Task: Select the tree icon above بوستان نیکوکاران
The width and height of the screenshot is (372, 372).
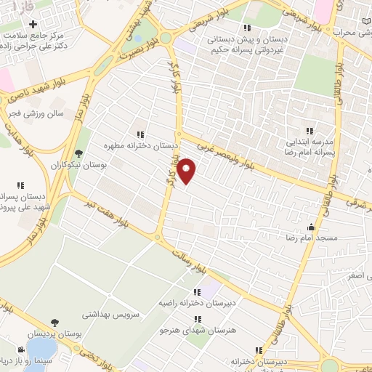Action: (79, 153)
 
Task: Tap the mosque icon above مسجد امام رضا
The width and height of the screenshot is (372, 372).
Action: (312, 227)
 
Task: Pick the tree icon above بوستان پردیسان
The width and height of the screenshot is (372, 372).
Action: (55, 322)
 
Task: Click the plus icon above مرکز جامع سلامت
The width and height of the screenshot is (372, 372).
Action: (33, 25)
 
